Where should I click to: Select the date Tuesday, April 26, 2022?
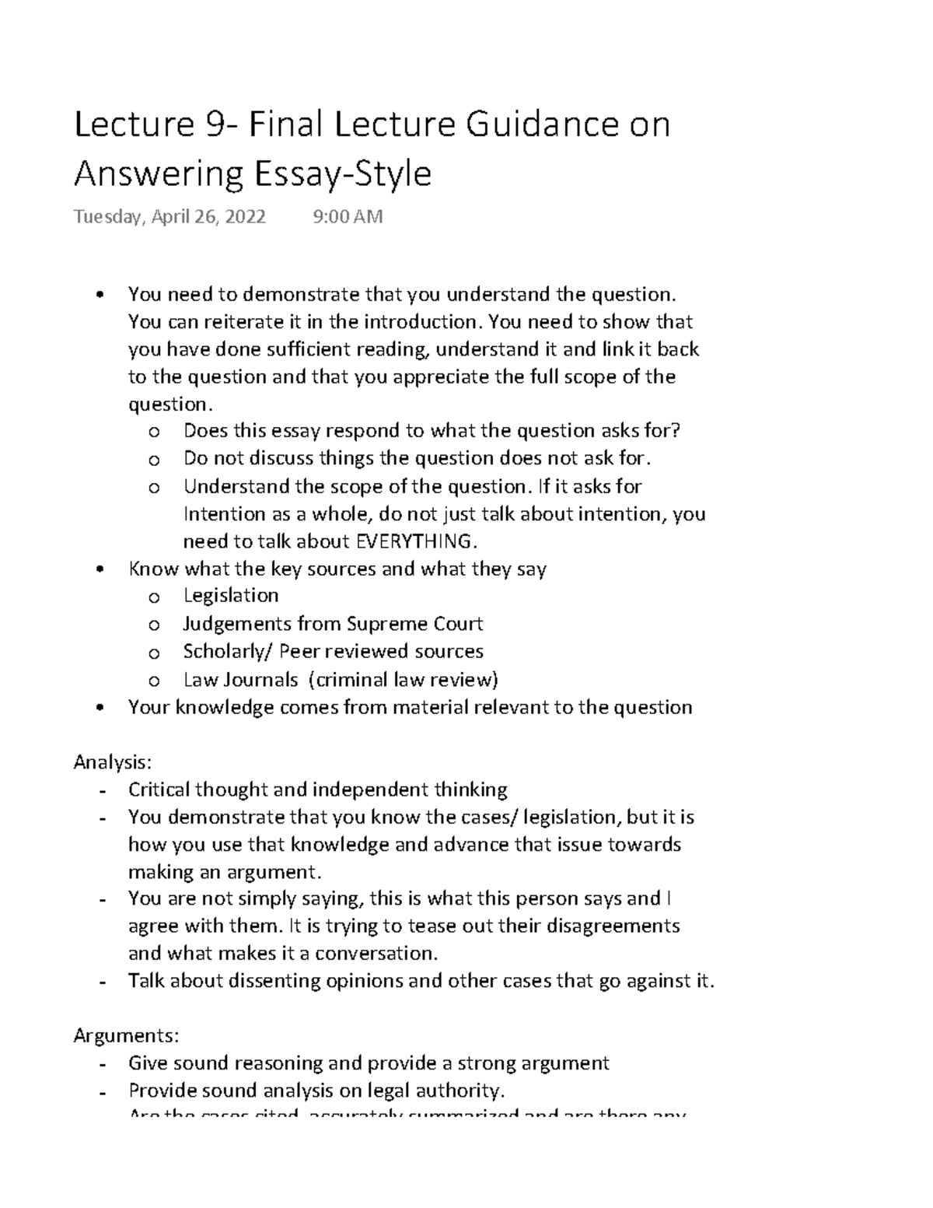169,216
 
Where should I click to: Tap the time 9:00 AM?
348,216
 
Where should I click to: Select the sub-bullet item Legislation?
231,596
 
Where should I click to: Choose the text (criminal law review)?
403,680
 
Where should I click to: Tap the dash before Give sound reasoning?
103,1064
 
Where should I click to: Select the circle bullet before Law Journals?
153,681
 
